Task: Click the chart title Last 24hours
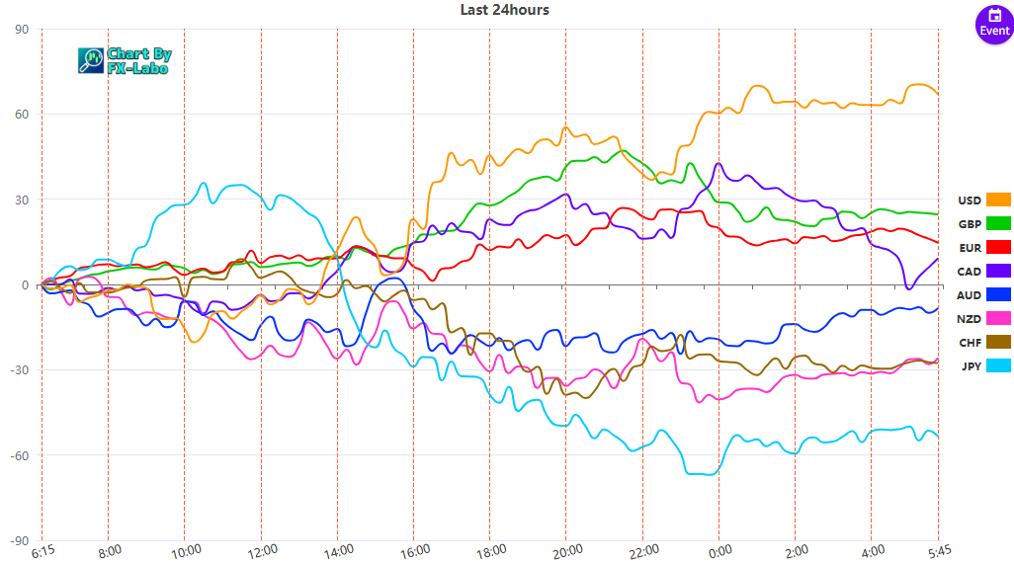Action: pos(504,10)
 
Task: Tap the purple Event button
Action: pos(994,24)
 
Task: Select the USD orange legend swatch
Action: pos(998,201)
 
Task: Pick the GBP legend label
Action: pos(970,222)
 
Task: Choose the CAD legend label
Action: pos(970,270)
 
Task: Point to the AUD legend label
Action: pos(970,294)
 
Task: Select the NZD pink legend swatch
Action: pos(998,318)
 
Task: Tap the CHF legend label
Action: pos(970,343)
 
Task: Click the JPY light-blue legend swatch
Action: pos(998,366)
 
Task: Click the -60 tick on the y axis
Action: pos(18,455)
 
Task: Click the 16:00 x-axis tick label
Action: pos(413,551)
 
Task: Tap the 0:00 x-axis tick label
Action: pos(718,551)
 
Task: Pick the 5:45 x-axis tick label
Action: pos(937,551)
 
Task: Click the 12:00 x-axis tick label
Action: pos(261,551)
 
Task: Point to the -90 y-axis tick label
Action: pos(18,540)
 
